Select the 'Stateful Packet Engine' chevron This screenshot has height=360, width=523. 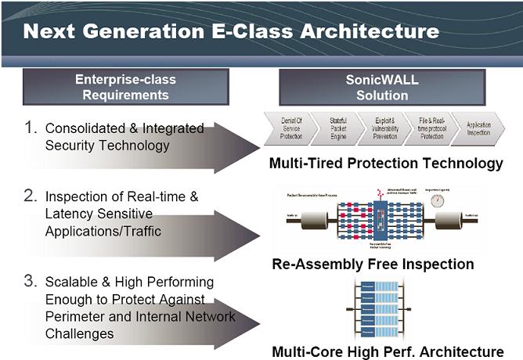[x=334, y=127]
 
